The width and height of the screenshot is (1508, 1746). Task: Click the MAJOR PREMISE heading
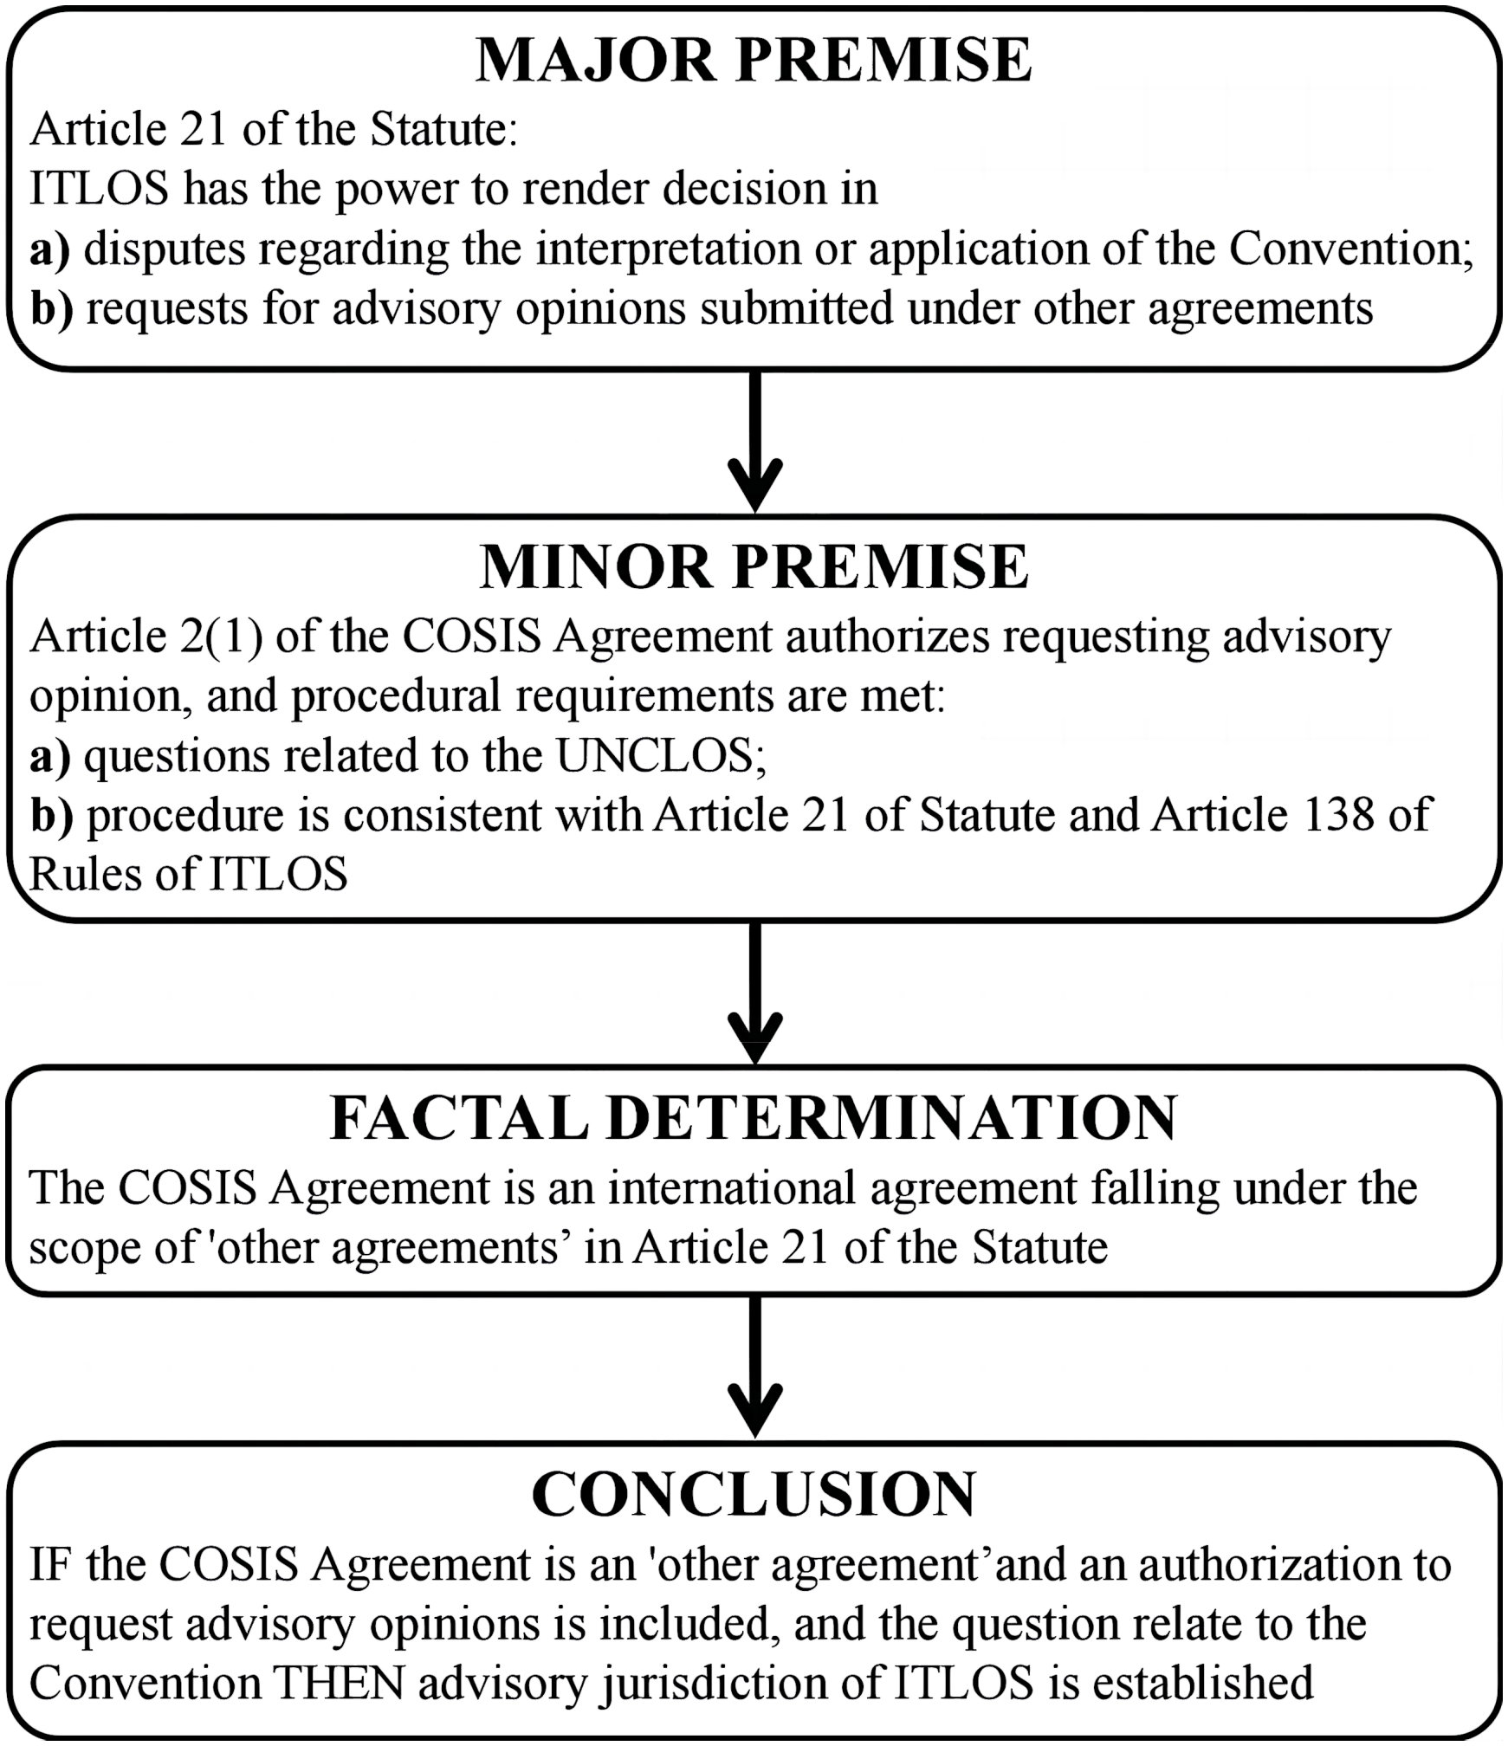(754, 61)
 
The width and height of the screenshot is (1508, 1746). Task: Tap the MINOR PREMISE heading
(754, 567)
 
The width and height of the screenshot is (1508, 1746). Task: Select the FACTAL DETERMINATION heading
(754, 1118)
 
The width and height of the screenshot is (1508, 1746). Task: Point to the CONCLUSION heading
(754, 1494)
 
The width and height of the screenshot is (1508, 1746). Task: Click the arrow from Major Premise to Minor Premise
(755, 442)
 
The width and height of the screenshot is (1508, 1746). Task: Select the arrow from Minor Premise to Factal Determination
(755, 993)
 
